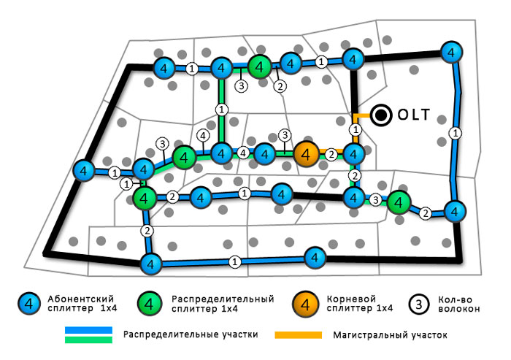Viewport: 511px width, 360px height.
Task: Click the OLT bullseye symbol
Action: pos(380,115)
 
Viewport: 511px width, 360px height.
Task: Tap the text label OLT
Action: pos(415,115)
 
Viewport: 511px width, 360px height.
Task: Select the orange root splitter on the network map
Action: pos(307,153)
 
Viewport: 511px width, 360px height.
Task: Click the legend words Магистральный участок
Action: pos(388,335)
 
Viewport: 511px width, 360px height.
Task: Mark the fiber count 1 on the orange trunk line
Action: pos(355,130)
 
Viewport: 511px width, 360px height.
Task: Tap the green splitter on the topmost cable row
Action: pos(259,66)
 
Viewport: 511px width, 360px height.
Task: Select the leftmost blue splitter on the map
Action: pos(85,172)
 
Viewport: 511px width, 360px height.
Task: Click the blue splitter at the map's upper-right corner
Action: pos(453,53)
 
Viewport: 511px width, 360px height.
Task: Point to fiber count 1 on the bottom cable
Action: pos(234,261)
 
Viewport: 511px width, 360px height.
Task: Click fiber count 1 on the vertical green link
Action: pos(222,109)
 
